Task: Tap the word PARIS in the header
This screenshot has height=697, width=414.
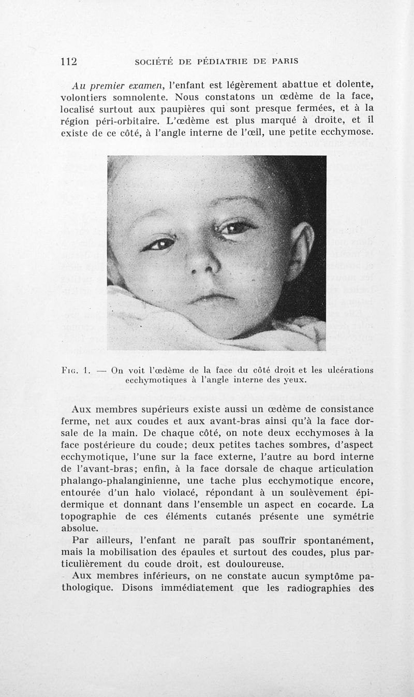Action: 282,62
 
